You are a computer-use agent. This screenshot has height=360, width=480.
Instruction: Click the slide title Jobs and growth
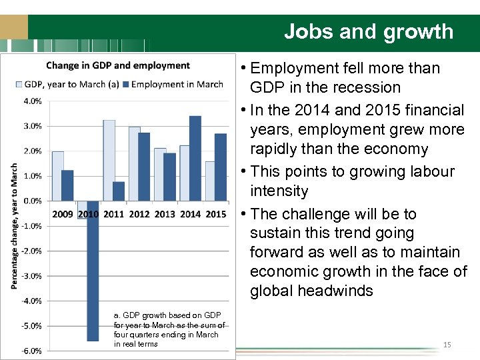tap(368, 31)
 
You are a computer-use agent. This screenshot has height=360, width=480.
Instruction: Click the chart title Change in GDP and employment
tap(118, 65)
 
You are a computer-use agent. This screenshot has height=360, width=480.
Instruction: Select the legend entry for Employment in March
tap(177, 84)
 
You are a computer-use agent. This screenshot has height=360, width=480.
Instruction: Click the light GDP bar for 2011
tap(109, 160)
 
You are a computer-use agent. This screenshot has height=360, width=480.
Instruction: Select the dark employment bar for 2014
tap(195, 158)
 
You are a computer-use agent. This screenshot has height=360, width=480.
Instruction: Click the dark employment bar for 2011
tap(119, 191)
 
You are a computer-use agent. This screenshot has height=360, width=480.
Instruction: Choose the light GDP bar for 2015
tap(211, 181)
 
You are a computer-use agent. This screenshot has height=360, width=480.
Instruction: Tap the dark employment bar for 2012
tap(144, 167)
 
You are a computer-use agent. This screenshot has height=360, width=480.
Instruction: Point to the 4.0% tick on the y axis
tap(33, 101)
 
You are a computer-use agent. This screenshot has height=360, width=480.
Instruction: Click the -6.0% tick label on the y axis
tap(32, 351)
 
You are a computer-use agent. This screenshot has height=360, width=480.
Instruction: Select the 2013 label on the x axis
tap(165, 214)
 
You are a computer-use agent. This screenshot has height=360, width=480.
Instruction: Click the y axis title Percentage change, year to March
tap(14, 226)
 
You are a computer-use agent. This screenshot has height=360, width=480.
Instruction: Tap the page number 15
tap(447, 345)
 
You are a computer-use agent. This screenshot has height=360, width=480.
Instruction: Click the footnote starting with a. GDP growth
tap(169, 329)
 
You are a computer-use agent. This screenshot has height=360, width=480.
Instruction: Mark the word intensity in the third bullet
tap(279, 191)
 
